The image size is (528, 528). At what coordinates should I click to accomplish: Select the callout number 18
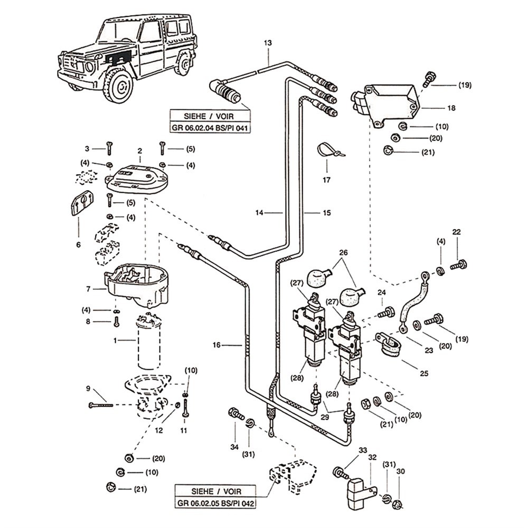point(451,108)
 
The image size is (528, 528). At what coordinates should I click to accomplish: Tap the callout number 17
point(326,180)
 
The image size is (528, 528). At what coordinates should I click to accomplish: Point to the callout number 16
point(216,345)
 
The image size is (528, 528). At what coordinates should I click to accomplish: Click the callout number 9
point(89,389)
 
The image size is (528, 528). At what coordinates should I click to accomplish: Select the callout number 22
point(457,232)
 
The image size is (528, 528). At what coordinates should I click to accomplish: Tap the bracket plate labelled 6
point(81,203)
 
